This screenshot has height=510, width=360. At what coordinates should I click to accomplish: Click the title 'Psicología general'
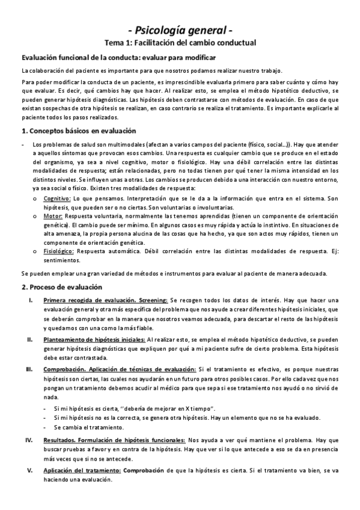click(180, 29)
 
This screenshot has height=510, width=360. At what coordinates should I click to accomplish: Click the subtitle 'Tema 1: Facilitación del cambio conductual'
click(180, 43)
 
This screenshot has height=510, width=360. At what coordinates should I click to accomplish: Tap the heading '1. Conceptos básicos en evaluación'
click(78, 131)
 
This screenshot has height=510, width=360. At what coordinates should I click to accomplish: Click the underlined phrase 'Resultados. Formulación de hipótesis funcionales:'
click(114, 440)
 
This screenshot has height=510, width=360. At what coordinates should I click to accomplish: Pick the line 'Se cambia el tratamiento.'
click(88, 428)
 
